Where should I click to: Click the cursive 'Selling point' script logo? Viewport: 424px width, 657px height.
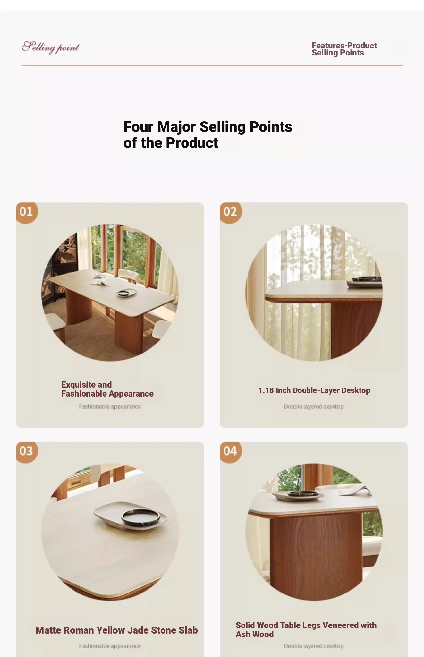(x=50, y=47)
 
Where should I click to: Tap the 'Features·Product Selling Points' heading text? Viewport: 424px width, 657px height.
(x=344, y=49)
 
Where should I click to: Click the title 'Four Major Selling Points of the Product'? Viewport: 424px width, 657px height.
(x=208, y=135)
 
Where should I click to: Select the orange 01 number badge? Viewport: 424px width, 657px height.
(x=27, y=212)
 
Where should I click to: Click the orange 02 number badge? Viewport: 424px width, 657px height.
(x=231, y=212)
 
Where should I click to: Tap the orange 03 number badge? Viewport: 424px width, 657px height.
(x=27, y=452)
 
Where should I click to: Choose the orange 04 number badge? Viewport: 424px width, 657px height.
(x=231, y=452)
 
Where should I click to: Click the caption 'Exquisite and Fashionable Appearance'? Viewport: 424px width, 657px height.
(x=107, y=389)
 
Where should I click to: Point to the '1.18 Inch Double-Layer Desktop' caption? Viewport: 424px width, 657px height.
(x=314, y=390)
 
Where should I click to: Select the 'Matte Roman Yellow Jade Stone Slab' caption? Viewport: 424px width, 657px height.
(x=117, y=630)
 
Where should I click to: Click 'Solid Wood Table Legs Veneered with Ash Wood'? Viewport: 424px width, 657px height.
(x=306, y=630)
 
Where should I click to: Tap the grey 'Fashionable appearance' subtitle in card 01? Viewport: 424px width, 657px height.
(x=110, y=406)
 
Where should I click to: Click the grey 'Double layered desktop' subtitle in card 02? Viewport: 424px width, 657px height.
(x=314, y=406)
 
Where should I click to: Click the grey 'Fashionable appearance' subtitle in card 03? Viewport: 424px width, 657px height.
(x=110, y=646)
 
